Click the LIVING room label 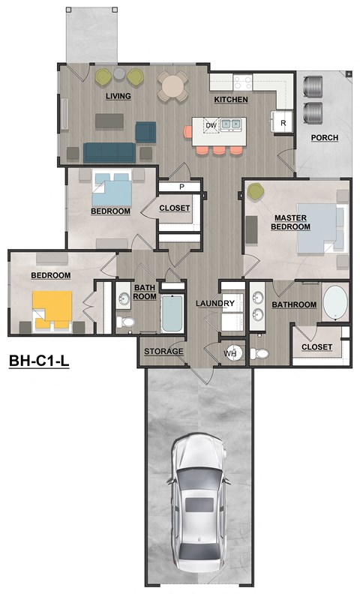(x=118, y=96)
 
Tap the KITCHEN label (x=231, y=99)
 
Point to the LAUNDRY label (x=215, y=303)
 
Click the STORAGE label (x=163, y=351)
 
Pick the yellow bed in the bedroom (x=52, y=308)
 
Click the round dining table (x=173, y=85)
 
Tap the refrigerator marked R (x=283, y=122)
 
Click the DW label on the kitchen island (x=211, y=124)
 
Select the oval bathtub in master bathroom (x=334, y=302)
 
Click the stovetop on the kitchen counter (x=244, y=82)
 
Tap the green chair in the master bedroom (x=255, y=193)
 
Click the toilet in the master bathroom (x=259, y=352)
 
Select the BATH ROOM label (x=144, y=292)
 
